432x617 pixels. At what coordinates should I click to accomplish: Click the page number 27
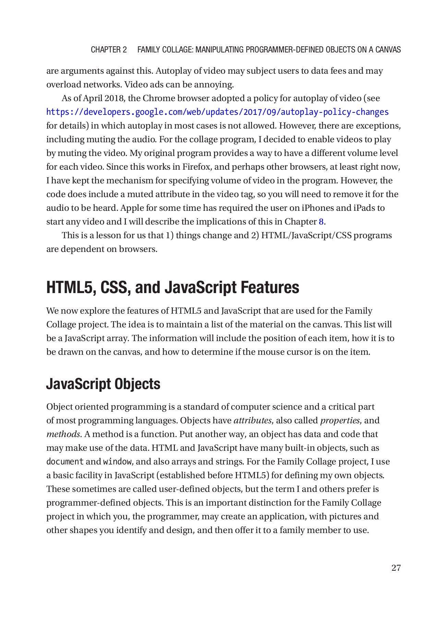click(396, 568)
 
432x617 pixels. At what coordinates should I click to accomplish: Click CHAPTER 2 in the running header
click(109, 50)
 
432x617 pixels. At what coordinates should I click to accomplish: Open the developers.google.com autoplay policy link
click(217, 112)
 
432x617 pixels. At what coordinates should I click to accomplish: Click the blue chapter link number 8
click(321, 222)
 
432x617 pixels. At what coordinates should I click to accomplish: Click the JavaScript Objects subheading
click(103, 384)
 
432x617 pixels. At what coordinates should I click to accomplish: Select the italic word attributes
click(252, 421)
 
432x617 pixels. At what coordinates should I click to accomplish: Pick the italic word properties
click(340, 421)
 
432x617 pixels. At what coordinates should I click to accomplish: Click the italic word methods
click(63, 434)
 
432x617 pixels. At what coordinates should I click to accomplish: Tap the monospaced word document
click(65, 462)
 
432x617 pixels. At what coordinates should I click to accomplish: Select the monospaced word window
click(117, 462)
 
